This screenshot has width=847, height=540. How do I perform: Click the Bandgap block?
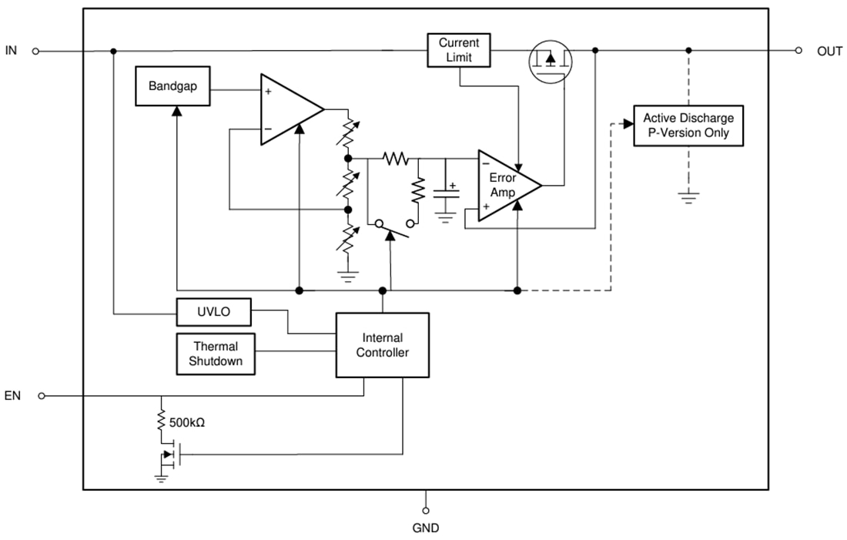[x=172, y=86]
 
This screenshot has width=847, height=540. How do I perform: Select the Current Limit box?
[x=459, y=50]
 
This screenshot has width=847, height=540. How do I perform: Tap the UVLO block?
[x=214, y=312]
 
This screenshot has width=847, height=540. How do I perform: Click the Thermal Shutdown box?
[x=216, y=354]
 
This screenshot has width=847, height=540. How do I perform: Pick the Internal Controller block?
[x=382, y=345]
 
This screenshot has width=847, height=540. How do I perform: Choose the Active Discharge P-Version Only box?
[x=688, y=126]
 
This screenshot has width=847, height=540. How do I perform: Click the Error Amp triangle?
[x=504, y=185]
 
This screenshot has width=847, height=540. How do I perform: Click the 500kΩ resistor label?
[x=186, y=423]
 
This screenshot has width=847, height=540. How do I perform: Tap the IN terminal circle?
[x=35, y=51]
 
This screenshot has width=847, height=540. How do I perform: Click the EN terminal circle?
[x=42, y=396]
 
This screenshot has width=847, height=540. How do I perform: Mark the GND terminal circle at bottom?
[x=426, y=510]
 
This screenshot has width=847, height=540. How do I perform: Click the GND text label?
[x=426, y=528]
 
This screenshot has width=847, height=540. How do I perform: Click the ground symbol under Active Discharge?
[x=688, y=198]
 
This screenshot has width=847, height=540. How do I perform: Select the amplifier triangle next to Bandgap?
[x=289, y=109]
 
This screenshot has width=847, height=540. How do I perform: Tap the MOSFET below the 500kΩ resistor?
[x=171, y=454]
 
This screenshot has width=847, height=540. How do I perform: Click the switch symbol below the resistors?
[x=393, y=225]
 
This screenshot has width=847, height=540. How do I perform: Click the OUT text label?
[x=829, y=51]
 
